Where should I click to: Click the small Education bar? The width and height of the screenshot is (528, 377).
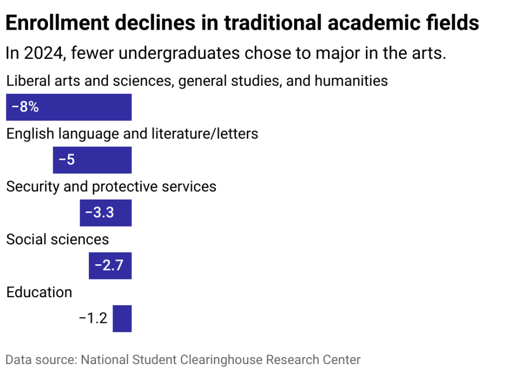pos(122,318)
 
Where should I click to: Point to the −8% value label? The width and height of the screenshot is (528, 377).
pos(25,107)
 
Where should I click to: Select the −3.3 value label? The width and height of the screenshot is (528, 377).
pos(99,213)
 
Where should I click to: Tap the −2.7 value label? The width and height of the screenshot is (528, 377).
pos(109,265)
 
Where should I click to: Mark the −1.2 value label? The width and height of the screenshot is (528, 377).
pos(93,318)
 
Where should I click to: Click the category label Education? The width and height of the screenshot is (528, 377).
pos(39,292)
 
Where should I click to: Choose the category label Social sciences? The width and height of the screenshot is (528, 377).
pos(57,239)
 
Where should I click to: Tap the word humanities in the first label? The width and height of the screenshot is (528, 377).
pos(351,81)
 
